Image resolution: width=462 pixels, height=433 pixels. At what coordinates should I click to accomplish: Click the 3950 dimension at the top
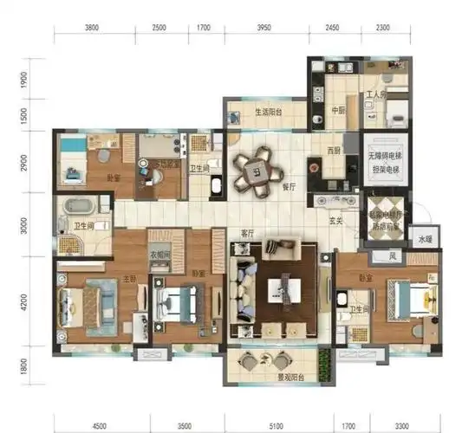coord(265,28)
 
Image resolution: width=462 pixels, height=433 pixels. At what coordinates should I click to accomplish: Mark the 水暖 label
coord(424,239)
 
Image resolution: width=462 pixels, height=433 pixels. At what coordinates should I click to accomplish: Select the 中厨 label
coord(339,110)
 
